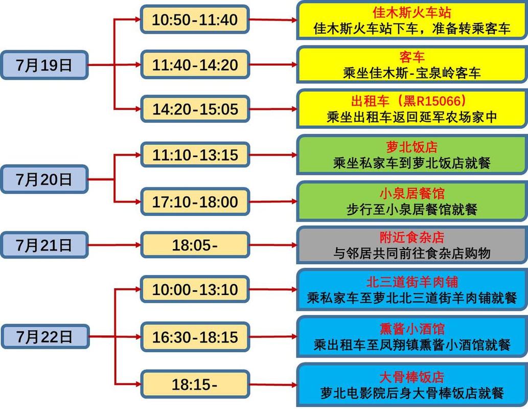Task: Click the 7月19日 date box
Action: click(44, 65)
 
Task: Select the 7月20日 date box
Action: click(44, 179)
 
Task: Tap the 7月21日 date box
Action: click(44, 245)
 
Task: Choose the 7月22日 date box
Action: click(44, 336)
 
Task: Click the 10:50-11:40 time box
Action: click(195, 20)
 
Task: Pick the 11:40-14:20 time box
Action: click(195, 65)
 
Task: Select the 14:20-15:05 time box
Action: click(195, 109)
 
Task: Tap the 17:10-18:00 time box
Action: click(195, 202)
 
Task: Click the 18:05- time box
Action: click(195, 245)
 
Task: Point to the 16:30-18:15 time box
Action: click(195, 337)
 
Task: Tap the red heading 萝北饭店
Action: click(412, 148)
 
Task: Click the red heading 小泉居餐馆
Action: click(412, 194)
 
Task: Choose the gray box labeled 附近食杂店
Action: click(412, 245)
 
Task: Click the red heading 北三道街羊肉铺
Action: click(412, 282)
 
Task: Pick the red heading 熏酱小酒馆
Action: click(412, 329)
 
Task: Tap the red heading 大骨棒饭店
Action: click(412, 378)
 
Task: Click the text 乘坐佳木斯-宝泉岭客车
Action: click(412, 73)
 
